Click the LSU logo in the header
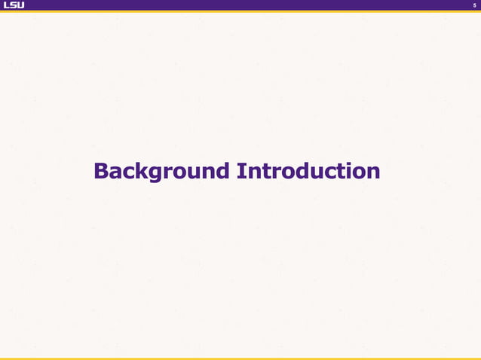(x=14, y=5)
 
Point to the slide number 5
(x=474, y=5)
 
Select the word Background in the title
(x=161, y=171)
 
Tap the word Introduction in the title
(x=308, y=171)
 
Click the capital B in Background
(x=101, y=171)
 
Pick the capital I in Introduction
(x=240, y=171)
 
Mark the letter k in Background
(x=141, y=171)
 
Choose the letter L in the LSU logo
(x=6, y=5)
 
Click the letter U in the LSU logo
(x=20, y=5)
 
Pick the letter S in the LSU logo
(x=13, y=5)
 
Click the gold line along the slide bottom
(x=240, y=358)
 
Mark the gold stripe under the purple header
(x=240, y=11)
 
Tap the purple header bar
(x=240, y=5)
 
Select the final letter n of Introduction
(x=373, y=172)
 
